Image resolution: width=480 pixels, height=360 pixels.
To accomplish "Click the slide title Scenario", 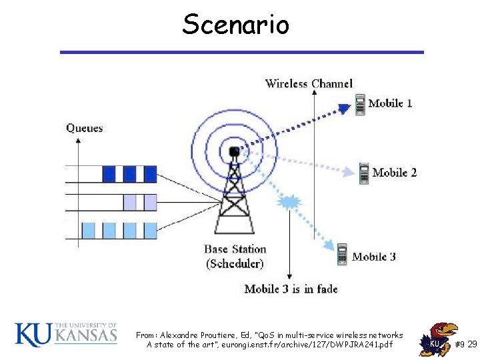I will (236, 25).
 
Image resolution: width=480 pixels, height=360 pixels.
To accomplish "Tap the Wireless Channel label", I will (309, 83).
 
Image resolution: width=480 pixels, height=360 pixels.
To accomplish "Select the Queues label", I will (85, 127).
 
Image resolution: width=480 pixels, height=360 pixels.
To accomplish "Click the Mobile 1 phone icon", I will (360, 105).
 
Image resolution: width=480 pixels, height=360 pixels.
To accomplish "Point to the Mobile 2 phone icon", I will (364, 173).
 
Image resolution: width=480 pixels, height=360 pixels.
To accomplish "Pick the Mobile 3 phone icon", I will (342, 254).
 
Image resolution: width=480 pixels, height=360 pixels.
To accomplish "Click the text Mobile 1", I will (391, 103).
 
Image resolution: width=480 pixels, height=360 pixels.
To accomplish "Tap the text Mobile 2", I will (395, 173).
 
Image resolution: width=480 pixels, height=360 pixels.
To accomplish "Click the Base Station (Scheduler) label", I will (235, 257).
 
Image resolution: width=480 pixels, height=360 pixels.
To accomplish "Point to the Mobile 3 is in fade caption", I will (291, 289).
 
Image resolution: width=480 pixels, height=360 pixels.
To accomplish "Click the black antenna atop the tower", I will (234, 152).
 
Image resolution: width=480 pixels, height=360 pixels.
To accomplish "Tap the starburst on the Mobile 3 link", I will (289, 201).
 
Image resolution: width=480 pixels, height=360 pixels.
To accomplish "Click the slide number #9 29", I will (465, 344).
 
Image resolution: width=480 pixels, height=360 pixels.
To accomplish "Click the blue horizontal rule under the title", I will (241, 52).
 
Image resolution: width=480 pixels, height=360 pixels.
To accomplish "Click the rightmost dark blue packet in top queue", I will (151, 174).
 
